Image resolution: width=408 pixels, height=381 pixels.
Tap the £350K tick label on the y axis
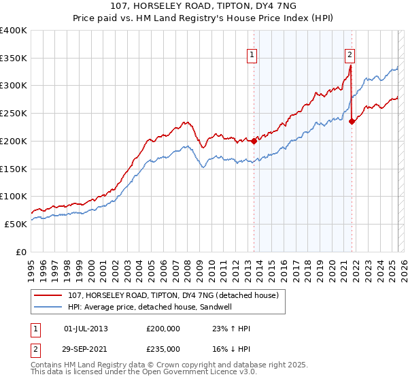pos(14,59)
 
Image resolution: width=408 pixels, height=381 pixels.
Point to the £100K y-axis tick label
pos(14,196)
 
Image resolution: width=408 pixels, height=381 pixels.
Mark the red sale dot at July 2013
pos(254,141)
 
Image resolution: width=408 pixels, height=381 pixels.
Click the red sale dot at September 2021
pos(352,122)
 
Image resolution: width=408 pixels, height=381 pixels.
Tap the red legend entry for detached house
pos(173,296)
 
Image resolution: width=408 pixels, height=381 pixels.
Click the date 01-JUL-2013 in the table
pos(86,329)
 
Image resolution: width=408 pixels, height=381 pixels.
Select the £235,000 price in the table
pos(163,349)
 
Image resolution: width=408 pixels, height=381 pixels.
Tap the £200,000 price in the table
pos(163,329)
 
